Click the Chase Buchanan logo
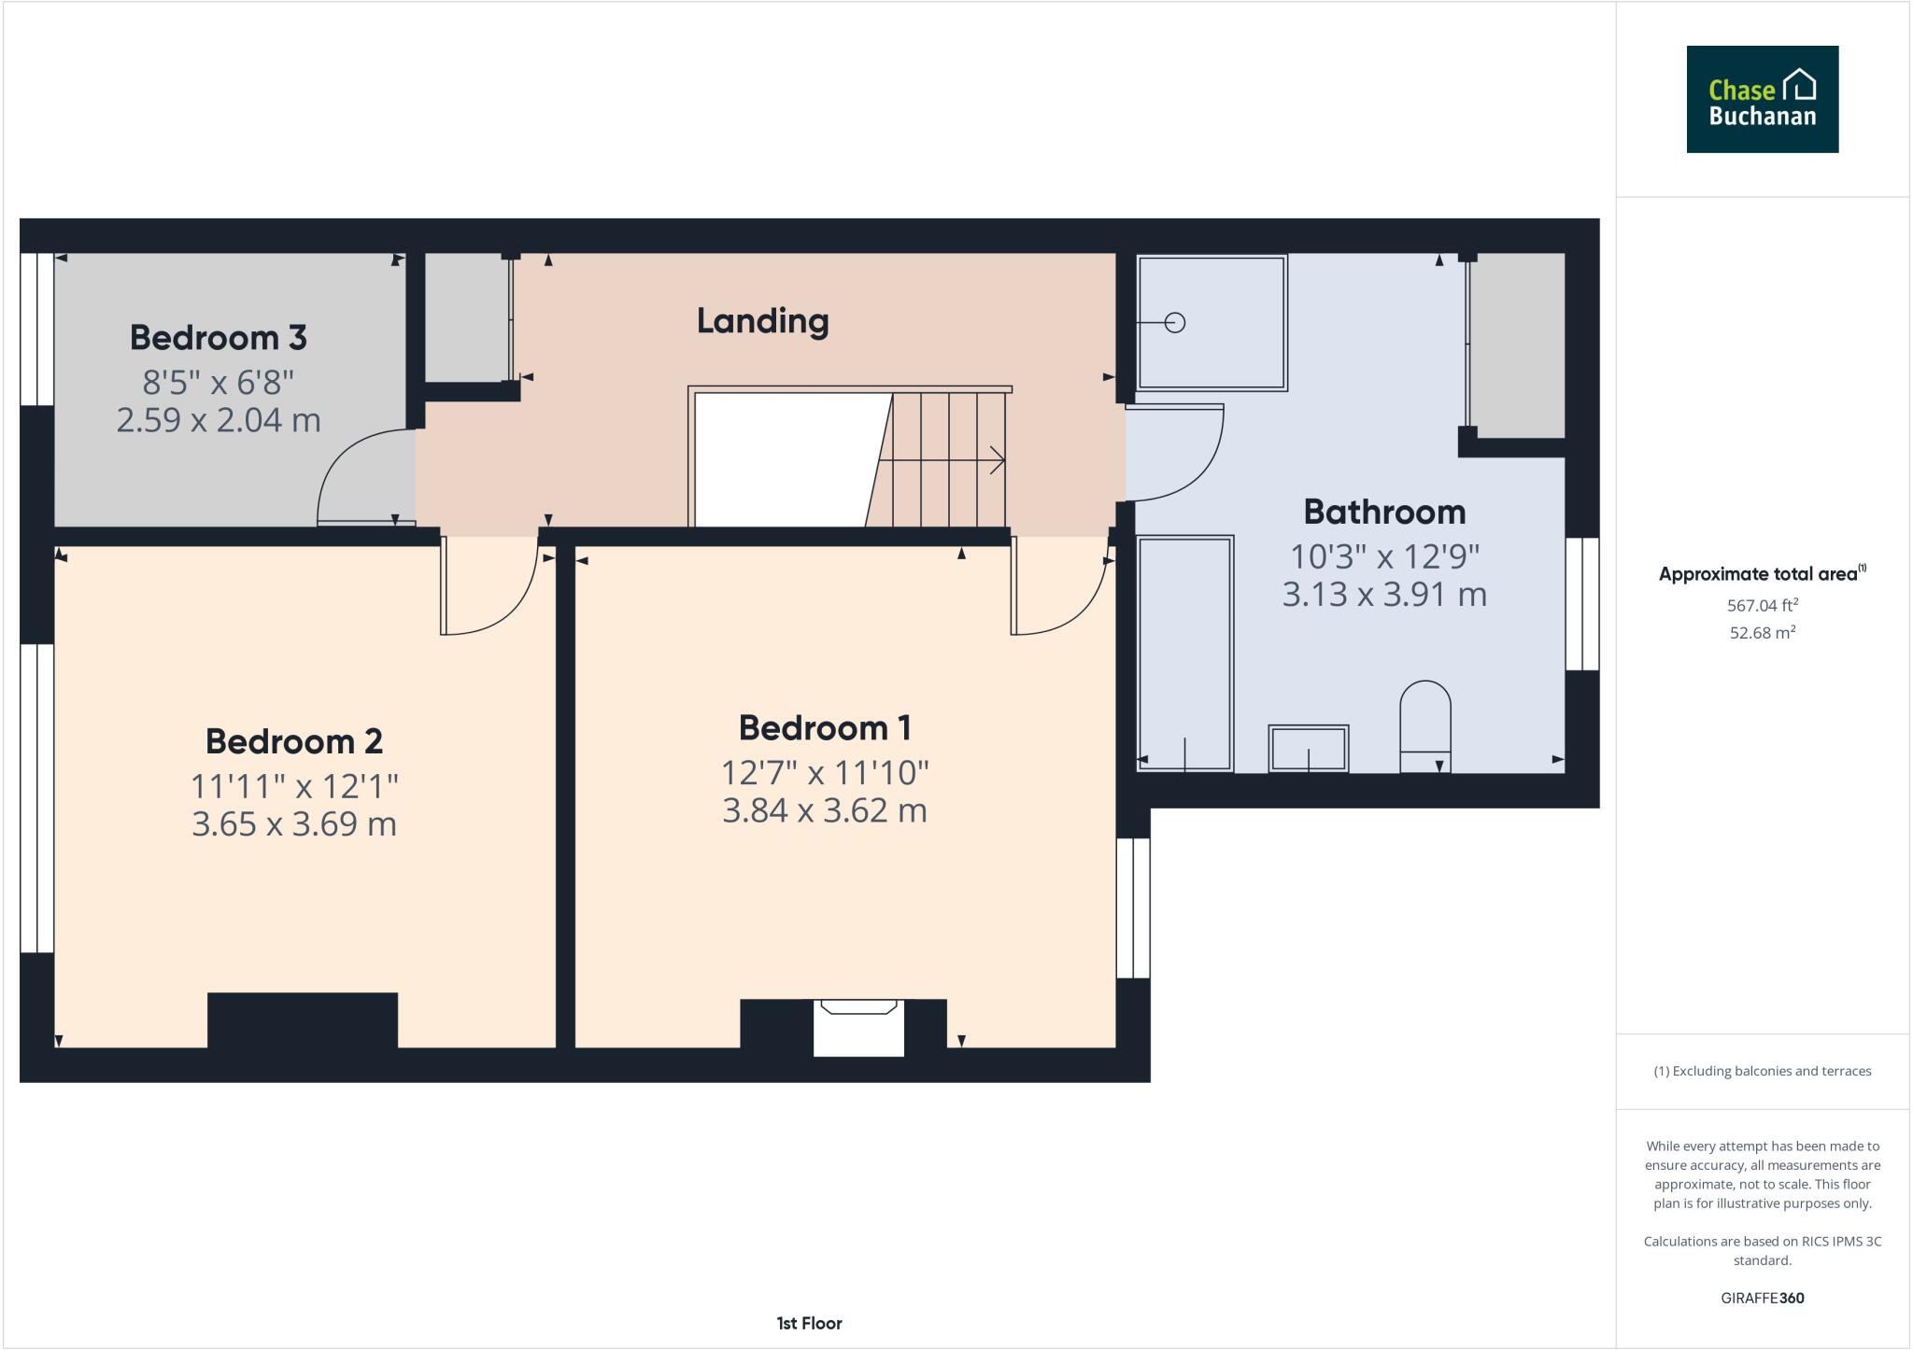pyautogui.click(x=1762, y=99)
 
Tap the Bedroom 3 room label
pyautogui.click(x=218, y=338)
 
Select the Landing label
pyautogui.click(x=762, y=321)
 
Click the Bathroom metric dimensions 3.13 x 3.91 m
pyautogui.click(x=1383, y=595)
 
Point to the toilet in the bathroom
pyautogui.click(x=1424, y=724)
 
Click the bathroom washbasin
pyautogui.click(x=1308, y=749)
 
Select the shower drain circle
pyautogui.click(x=1175, y=323)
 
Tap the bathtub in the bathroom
pyautogui.click(x=1184, y=654)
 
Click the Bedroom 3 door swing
pyautogui.click(x=360, y=476)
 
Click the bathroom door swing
pyautogui.click(x=1174, y=453)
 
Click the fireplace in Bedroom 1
pyautogui.click(x=857, y=1027)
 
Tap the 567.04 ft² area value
pyautogui.click(x=1762, y=605)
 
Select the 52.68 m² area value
pyautogui.click(x=1762, y=633)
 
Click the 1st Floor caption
pyautogui.click(x=809, y=1323)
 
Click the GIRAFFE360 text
pyautogui.click(x=1762, y=1298)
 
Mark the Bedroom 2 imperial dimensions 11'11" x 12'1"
pyautogui.click(x=294, y=787)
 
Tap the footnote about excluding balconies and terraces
pyautogui.click(x=1762, y=1071)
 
